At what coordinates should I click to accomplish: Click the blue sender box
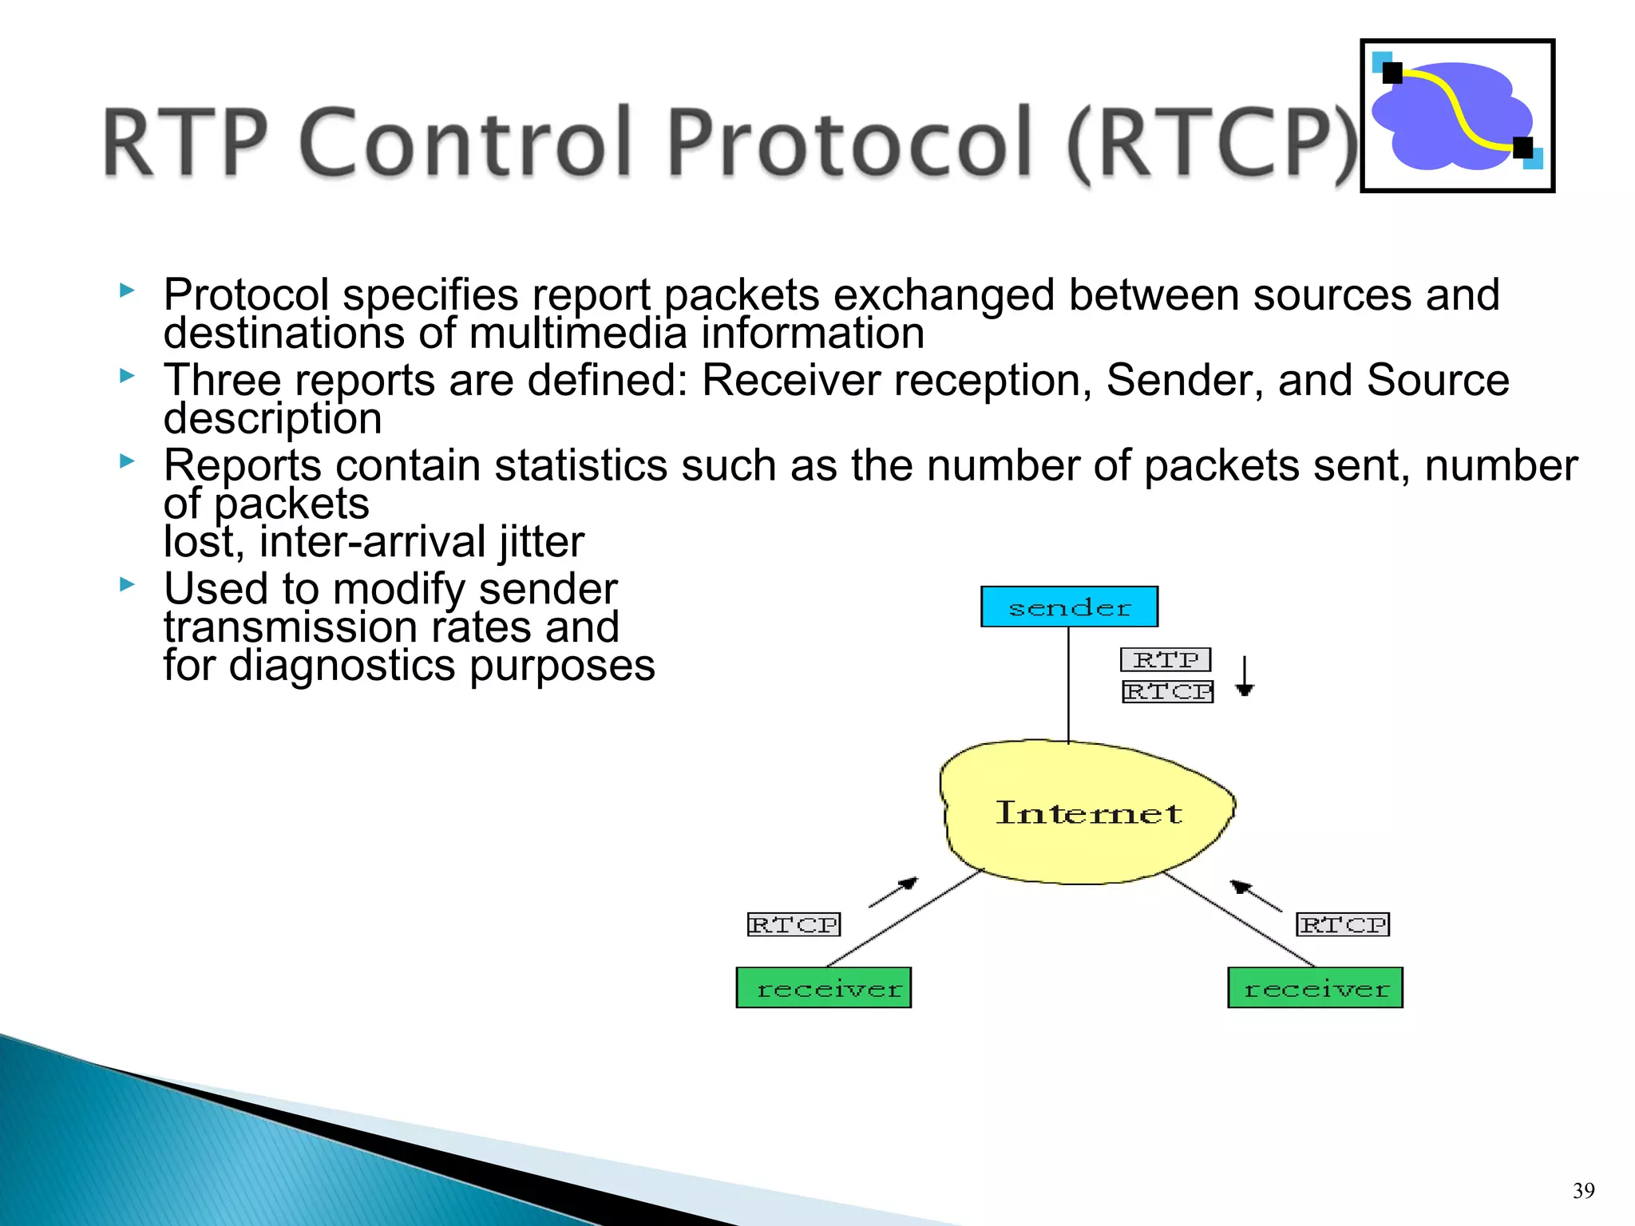point(1069,607)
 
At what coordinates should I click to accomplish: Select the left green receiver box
point(823,988)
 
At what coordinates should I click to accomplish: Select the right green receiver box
point(1315,988)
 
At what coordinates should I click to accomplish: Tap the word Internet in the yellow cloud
point(1089,813)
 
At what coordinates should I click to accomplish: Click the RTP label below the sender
point(1166,660)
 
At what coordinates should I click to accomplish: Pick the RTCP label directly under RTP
point(1167,691)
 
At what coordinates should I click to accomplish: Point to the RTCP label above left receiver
point(794,924)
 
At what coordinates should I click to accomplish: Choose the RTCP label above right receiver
point(1343,924)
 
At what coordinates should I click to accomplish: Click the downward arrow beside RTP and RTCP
point(1245,676)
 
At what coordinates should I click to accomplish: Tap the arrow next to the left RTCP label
point(894,892)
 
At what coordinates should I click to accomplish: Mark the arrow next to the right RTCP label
point(1255,896)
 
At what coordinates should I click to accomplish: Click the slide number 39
point(1583,1191)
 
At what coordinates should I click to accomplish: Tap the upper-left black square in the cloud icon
point(1392,73)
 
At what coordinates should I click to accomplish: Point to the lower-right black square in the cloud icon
point(1522,148)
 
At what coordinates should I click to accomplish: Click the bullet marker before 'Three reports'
point(127,375)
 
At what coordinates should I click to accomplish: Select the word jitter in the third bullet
point(542,542)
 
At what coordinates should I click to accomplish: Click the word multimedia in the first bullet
point(577,334)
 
